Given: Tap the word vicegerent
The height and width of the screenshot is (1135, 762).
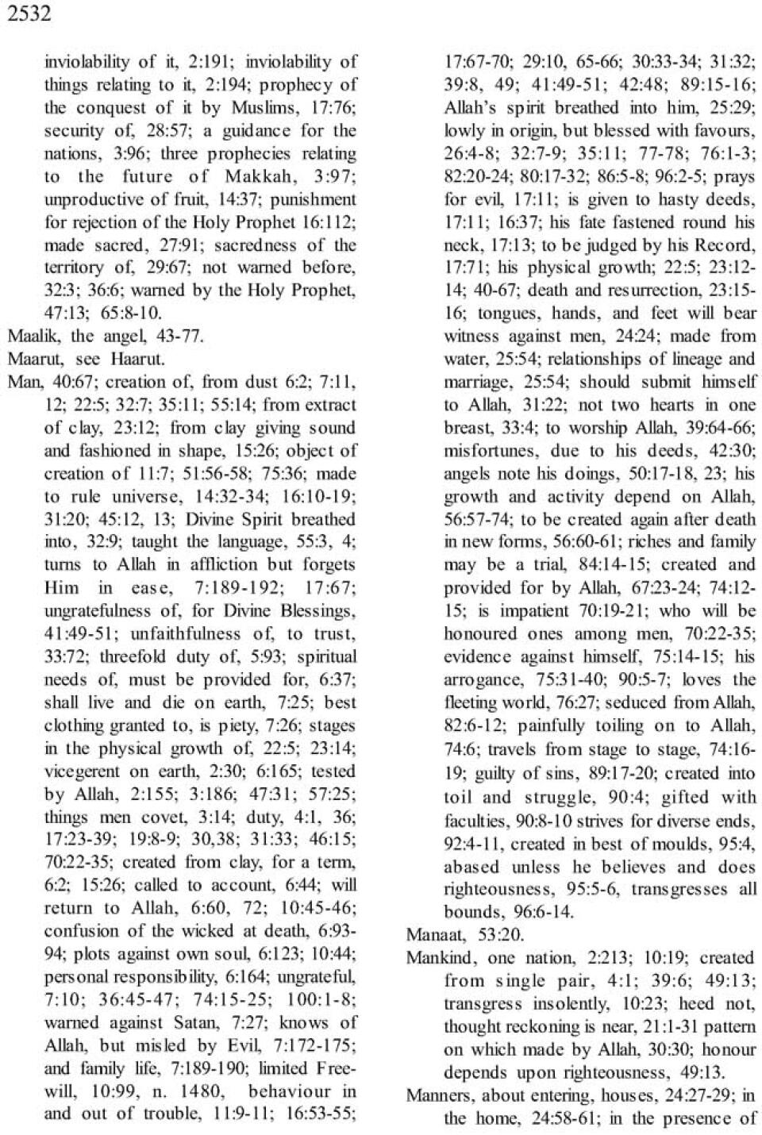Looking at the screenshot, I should [82, 771].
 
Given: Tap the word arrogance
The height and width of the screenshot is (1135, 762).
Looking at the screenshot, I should [479, 680].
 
